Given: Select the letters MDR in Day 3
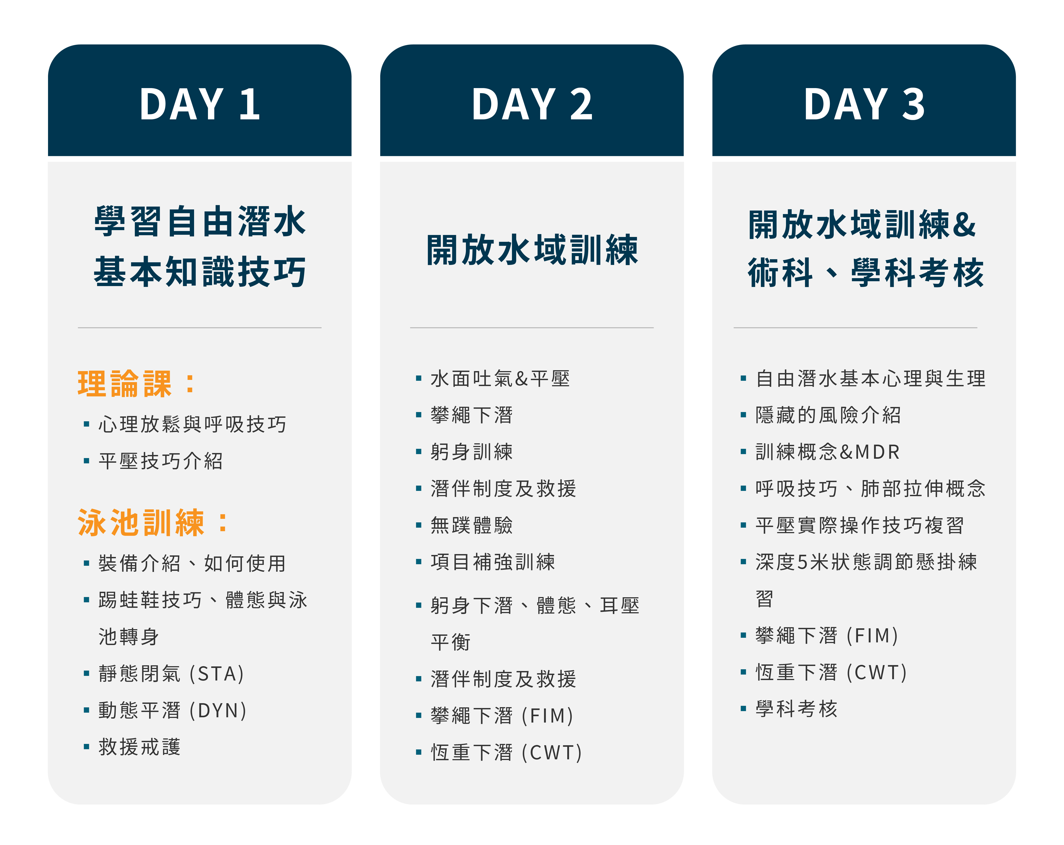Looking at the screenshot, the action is click(877, 452).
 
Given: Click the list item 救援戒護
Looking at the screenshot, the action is click(140, 747).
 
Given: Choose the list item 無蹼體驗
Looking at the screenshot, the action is click(472, 525).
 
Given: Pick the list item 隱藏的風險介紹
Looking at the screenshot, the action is click(828, 415).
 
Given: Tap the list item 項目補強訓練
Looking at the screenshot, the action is click(493, 561).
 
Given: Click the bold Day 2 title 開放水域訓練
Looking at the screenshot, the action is click(532, 250).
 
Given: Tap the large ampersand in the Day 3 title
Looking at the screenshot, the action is click(965, 224).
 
